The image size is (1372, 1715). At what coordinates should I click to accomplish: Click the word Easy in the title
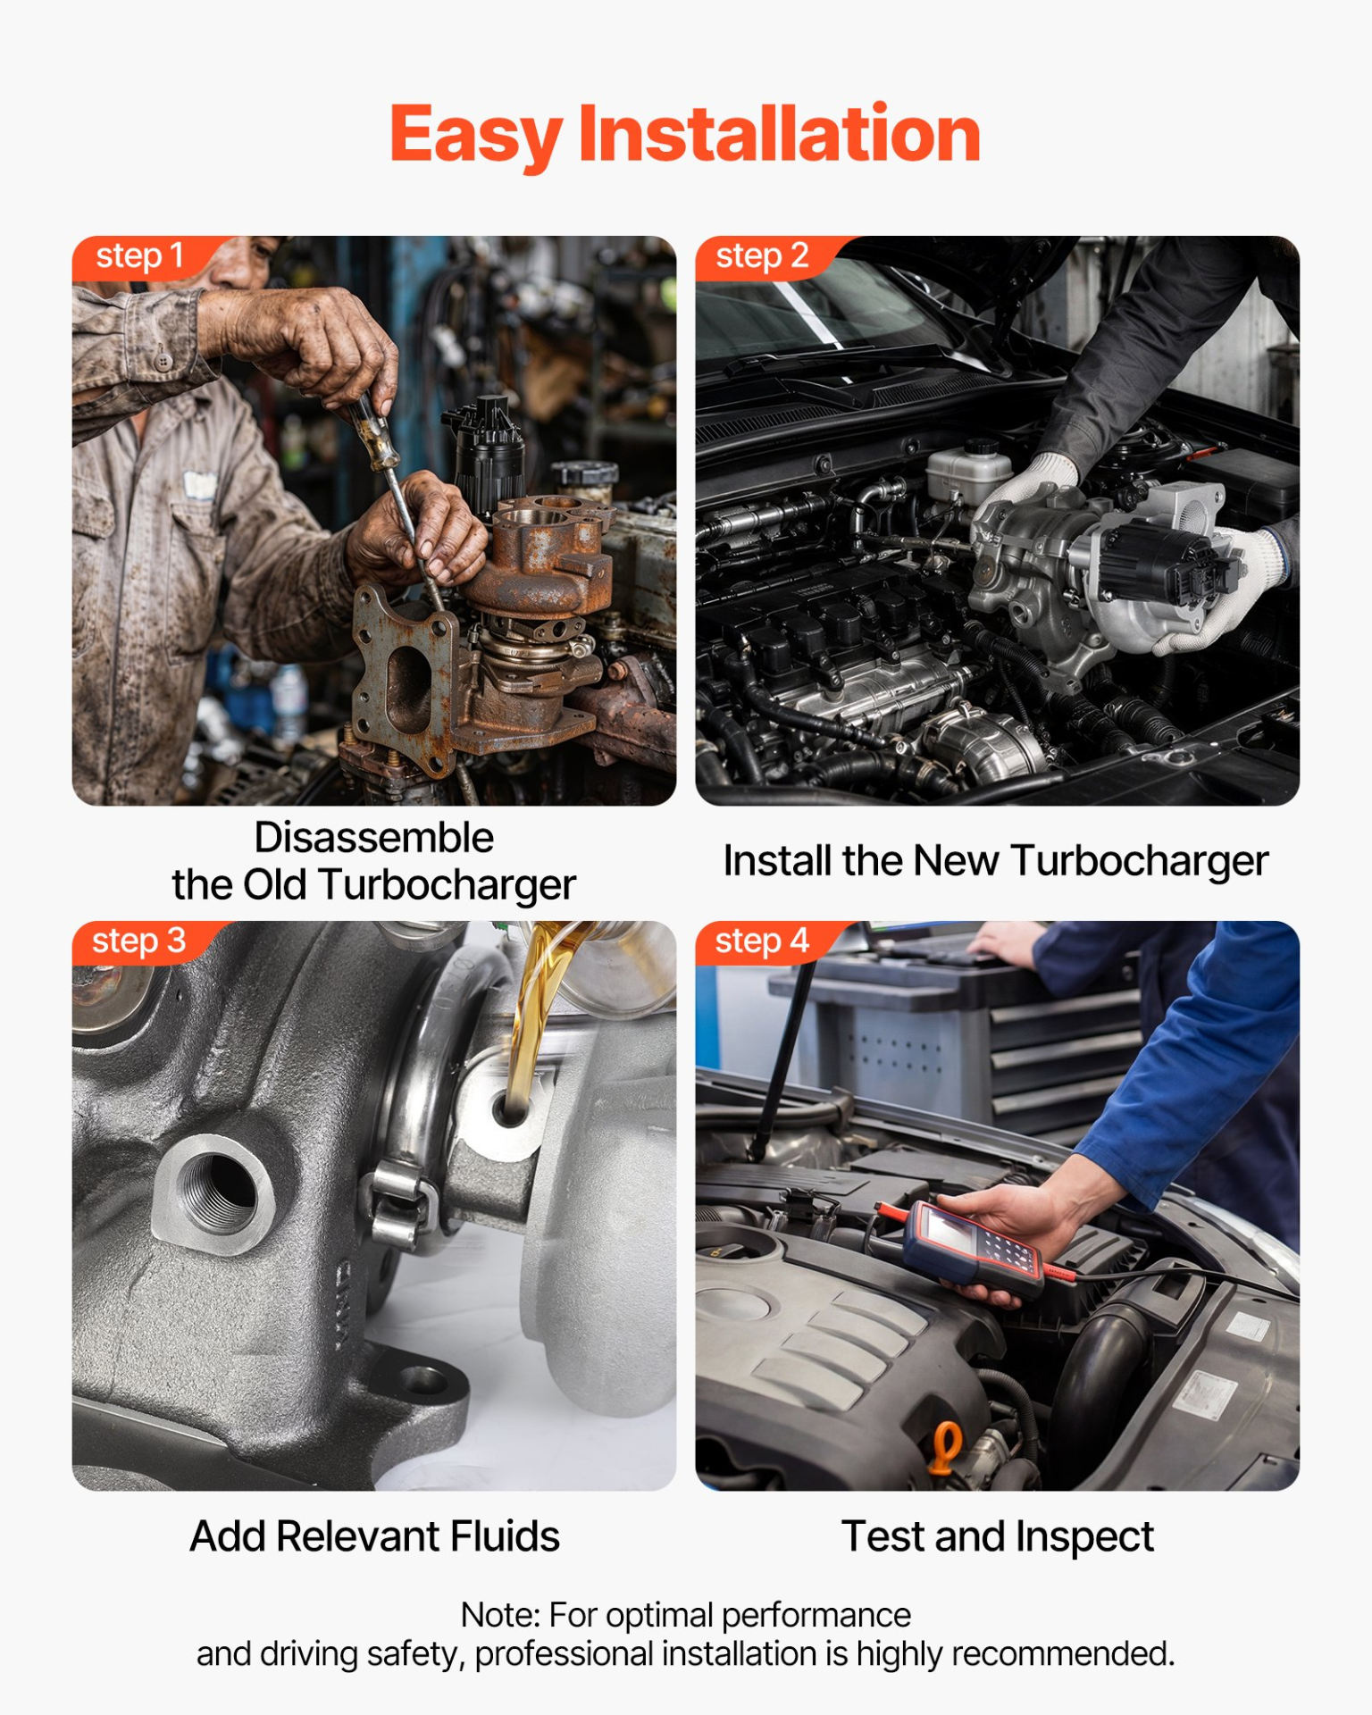pos(475,135)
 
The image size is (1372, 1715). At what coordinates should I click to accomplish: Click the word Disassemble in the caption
pos(374,838)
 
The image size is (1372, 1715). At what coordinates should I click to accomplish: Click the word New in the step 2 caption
pos(955,861)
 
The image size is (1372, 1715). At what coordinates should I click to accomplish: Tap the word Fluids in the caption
pos(505,1536)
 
